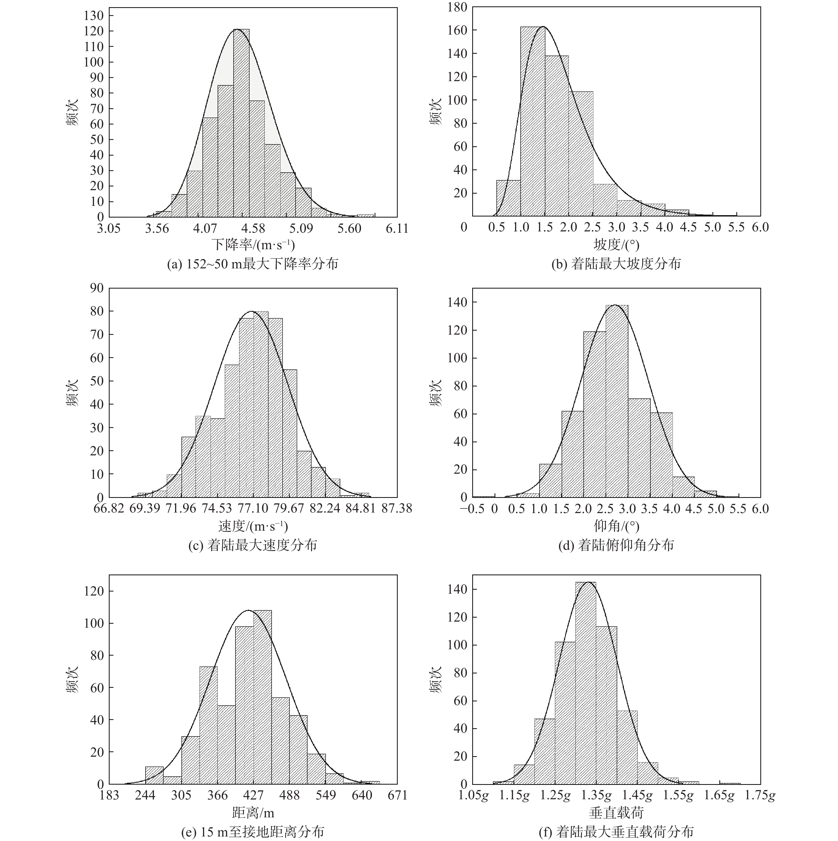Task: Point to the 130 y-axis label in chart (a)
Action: coord(94,16)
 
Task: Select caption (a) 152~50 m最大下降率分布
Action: coord(252,264)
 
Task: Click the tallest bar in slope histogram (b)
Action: coord(532,122)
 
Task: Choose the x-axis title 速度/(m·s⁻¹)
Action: coord(253,526)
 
